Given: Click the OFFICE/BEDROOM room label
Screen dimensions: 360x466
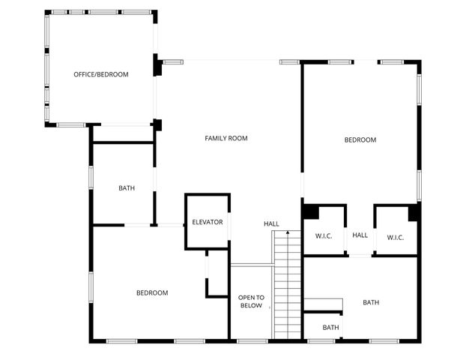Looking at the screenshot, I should coord(101,74).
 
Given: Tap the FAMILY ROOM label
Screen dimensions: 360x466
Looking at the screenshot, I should coord(226,138).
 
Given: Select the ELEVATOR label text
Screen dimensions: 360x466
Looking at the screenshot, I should coord(208,222).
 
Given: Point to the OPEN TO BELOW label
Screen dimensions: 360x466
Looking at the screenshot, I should coord(251,301).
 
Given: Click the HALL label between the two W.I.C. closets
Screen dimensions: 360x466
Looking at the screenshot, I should coord(360,235).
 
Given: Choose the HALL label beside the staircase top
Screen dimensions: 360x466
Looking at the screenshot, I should coord(271,223).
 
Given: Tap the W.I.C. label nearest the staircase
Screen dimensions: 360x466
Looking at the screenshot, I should coord(324,237).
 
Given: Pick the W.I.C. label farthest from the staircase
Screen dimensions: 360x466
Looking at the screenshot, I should coord(396,237).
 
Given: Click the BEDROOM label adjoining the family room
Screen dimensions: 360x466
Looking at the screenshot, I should coord(360,139).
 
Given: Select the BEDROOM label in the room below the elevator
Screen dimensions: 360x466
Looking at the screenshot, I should coord(152,292).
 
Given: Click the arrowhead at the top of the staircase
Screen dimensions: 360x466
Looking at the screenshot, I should coord(288,233).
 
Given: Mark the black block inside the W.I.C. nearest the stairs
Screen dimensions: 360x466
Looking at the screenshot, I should coord(310,212).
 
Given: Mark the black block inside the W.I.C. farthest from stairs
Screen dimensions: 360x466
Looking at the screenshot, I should coord(413,213).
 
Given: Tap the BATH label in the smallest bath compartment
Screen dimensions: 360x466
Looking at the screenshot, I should coord(330,327).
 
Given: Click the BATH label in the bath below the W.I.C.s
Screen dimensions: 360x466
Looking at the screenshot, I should coord(371,302).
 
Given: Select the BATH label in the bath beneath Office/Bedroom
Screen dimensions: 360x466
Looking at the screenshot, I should coord(127,187).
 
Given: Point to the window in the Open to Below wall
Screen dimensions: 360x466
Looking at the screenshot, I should coord(251,341).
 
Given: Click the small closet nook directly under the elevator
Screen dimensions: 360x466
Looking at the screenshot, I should coord(217,274).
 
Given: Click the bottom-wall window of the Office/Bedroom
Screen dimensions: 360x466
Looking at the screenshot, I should coord(71,124).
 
